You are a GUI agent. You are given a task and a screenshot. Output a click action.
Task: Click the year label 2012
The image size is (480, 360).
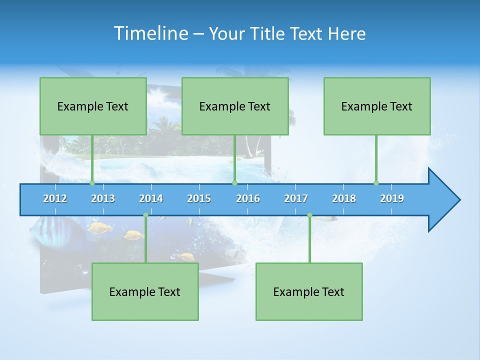[x=55, y=198]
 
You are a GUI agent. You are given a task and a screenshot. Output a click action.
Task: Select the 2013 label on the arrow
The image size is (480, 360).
[x=103, y=198]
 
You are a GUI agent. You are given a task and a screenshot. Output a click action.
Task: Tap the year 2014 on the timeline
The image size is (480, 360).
[x=151, y=198]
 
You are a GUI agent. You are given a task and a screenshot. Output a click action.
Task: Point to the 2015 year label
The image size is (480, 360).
[x=199, y=198]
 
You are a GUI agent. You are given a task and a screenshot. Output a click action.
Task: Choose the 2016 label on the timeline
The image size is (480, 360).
[x=248, y=198]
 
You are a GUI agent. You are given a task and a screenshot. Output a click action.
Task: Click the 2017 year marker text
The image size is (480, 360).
[x=296, y=198]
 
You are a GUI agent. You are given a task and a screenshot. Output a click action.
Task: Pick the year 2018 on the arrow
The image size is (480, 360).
[x=344, y=198]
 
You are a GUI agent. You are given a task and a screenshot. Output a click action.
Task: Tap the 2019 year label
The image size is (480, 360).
[x=392, y=198]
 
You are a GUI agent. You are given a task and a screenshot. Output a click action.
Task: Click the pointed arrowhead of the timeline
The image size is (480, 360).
[x=445, y=200]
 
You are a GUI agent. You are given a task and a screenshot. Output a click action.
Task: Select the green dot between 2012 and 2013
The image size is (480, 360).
[x=92, y=183]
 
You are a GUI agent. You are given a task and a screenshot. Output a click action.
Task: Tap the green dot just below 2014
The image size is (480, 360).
[x=145, y=215]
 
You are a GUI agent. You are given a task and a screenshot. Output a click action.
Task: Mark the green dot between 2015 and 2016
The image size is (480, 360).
[x=234, y=183]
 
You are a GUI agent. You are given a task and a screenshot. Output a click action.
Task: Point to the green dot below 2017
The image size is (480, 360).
[x=309, y=215]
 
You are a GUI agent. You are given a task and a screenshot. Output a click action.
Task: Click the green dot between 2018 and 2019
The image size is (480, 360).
[x=376, y=183]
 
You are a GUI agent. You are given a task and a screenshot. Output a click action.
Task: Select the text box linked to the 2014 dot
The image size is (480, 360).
[x=145, y=291]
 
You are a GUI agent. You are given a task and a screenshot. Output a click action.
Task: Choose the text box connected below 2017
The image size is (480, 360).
[x=309, y=291]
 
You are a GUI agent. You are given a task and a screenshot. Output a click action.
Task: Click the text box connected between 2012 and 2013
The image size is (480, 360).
[x=93, y=106]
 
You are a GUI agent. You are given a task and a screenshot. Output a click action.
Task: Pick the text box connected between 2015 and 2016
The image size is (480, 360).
[x=235, y=106]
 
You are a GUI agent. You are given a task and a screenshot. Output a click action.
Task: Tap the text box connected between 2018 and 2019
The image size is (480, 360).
[x=377, y=106]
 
